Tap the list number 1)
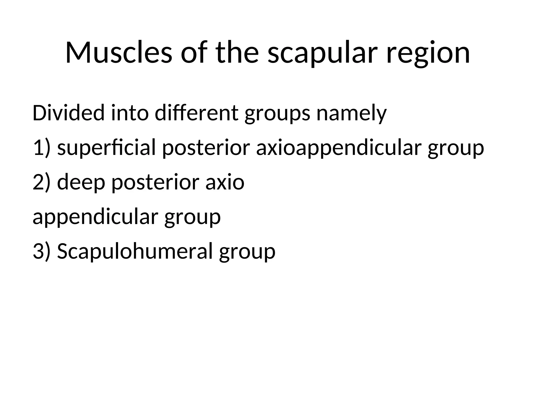(41, 148)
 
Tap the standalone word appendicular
(95, 217)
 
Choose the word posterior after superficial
(206, 148)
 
